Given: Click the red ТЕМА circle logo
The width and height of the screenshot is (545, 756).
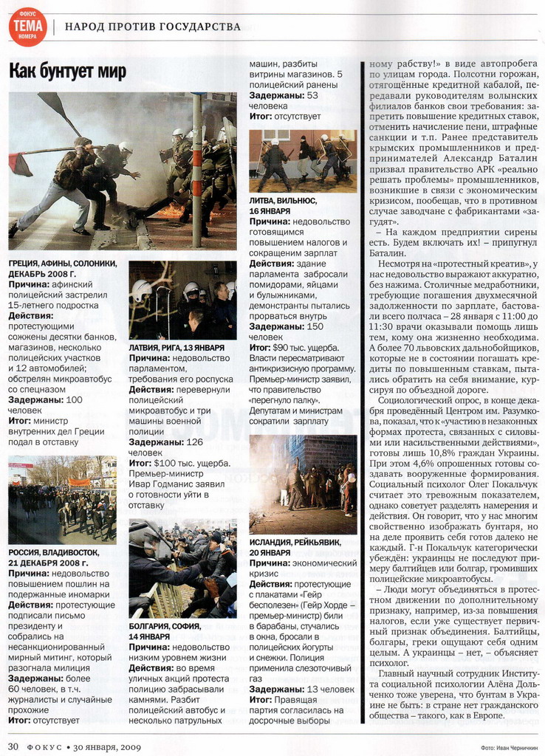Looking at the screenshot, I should [x=27, y=27].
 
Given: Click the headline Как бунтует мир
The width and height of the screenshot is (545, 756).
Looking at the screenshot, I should [x=68, y=72].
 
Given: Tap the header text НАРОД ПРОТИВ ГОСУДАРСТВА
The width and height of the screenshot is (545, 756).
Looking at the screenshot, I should [x=153, y=27].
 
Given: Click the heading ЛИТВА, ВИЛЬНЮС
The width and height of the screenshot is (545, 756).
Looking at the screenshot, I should [x=283, y=200].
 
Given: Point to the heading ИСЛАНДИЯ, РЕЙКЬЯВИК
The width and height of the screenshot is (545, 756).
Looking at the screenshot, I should [x=292, y=542].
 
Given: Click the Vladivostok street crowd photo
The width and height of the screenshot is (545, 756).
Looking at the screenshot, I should [x=62, y=499].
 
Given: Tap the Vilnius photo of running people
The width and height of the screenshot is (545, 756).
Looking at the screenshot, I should [x=302, y=161].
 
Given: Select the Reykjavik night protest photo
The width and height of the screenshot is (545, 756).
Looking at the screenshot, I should [x=302, y=484].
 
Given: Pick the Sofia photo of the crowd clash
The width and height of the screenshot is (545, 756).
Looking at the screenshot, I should [x=182, y=568].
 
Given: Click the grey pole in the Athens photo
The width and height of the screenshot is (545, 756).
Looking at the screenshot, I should [x=197, y=170].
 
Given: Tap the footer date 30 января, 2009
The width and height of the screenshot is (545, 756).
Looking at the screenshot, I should [x=103, y=746].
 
